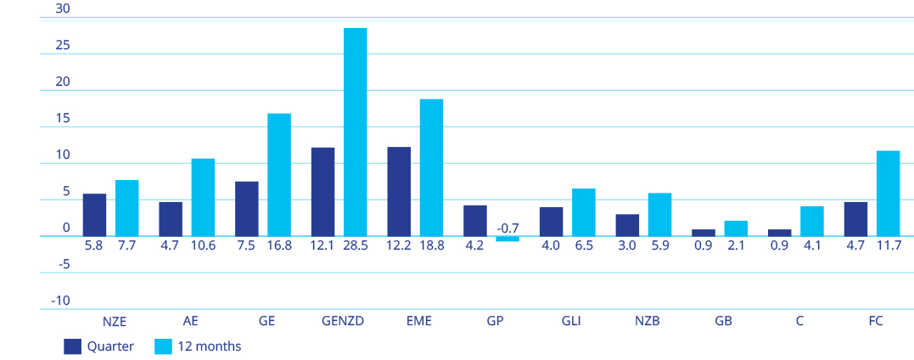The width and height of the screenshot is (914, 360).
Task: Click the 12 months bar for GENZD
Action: tap(355, 132)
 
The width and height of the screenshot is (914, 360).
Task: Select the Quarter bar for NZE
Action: tap(94, 215)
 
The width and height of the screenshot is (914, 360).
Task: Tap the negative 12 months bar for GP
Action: tap(507, 239)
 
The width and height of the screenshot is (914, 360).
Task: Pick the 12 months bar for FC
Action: tap(888, 194)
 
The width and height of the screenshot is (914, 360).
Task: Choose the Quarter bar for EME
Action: tap(399, 191)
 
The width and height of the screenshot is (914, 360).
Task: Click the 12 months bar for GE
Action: tap(279, 175)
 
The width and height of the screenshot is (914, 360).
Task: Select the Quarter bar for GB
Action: tap(704, 233)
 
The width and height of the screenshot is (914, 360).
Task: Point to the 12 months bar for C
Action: tap(812, 221)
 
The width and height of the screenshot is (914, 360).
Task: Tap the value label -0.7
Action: tap(507, 228)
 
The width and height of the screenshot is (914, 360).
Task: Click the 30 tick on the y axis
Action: tap(62, 9)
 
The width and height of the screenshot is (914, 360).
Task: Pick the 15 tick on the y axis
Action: tap(62, 119)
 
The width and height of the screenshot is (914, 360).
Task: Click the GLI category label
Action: tap(571, 322)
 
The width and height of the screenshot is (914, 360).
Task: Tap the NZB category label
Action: tap(648, 322)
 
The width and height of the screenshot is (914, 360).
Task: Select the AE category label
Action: tap(191, 322)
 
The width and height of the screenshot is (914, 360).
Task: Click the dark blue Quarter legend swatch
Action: tap(72, 346)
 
